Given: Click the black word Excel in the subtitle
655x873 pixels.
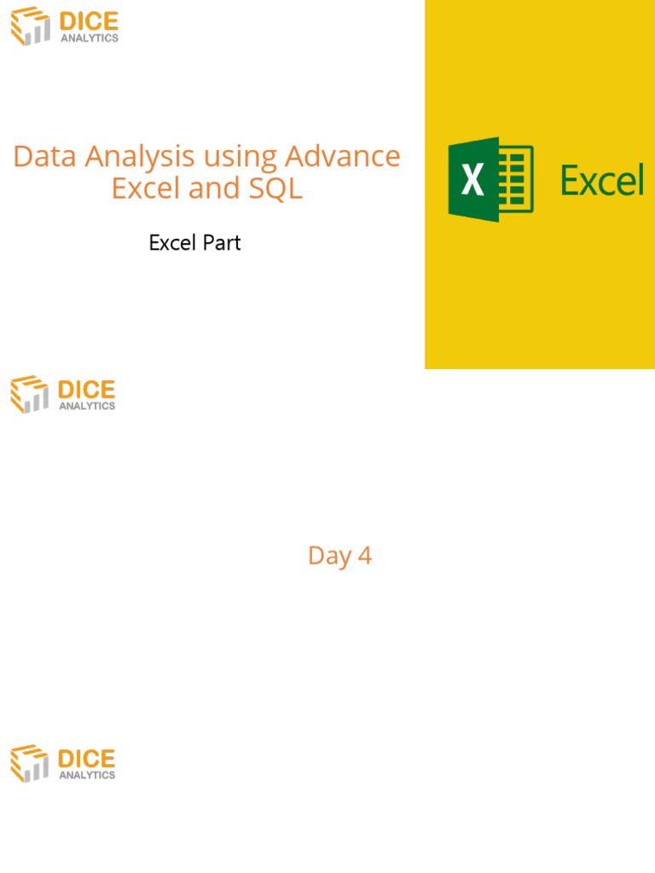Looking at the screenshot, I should pos(173,243).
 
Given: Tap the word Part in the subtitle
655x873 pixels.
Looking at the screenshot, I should pos(222,243).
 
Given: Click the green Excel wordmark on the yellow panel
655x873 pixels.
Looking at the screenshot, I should pos(601,181).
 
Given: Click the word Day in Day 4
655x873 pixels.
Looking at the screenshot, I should pos(328,556).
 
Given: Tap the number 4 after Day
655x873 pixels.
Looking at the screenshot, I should pos(365,556).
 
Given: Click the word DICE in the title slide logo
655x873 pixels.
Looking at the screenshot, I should pos(88,21).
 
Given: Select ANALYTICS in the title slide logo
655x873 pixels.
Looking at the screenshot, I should pos(89,38).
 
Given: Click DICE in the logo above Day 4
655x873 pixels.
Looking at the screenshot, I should pos(86,390).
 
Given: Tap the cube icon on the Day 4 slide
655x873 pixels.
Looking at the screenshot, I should pos(30,395).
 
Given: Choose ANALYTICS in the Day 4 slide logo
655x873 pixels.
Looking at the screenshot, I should pos(87,406).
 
